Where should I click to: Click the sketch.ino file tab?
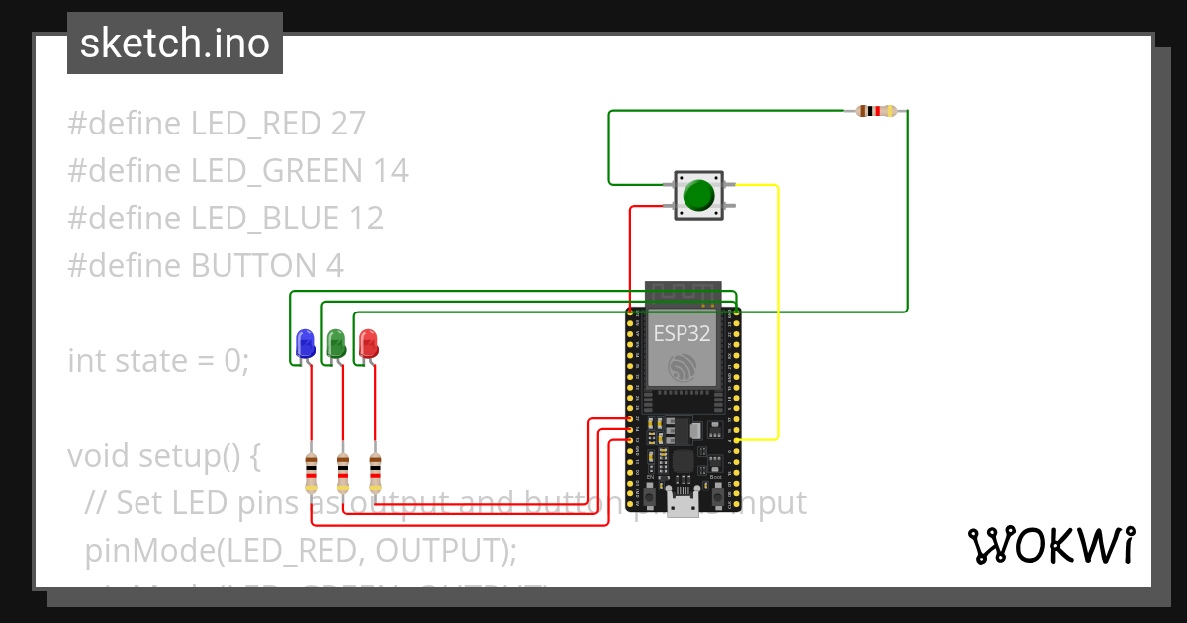click(175, 44)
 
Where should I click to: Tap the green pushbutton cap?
click(699, 195)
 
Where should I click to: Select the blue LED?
click(305, 344)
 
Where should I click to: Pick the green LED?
click(336, 344)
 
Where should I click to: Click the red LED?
click(368, 344)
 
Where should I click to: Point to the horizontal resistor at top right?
click(876, 111)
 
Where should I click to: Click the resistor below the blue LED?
click(312, 473)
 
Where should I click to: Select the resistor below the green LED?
click(343, 473)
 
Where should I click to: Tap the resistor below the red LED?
click(375, 473)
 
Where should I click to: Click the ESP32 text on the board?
click(682, 333)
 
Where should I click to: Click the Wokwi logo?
click(1050, 545)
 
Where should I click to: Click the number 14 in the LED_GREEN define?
click(391, 171)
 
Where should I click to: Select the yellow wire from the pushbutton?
click(779, 316)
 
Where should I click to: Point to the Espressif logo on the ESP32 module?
click(682, 369)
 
